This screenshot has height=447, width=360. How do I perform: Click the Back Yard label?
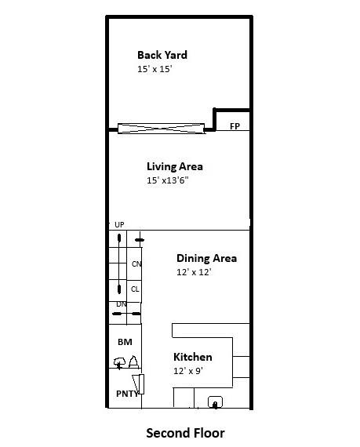(x=162, y=55)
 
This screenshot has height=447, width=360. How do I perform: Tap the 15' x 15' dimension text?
(x=154, y=69)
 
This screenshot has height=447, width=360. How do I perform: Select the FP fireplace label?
(x=235, y=126)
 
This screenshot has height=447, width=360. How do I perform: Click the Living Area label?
(x=175, y=166)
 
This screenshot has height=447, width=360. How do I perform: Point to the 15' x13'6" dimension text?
(x=168, y=180)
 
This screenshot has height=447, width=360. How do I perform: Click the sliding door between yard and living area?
(x=161, y=128)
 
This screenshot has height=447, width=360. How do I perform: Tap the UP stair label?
(x=119, y=225)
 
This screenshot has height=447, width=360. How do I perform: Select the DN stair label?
(x=122, y=304)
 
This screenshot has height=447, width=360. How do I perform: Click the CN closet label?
(x=136, y=264)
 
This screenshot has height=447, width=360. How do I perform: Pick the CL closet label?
(x=135, y=289)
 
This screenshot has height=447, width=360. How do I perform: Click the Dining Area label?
(x=206, y=258)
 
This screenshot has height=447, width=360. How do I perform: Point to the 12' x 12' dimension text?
(x=194, y=272)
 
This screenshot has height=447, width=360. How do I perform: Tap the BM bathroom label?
(x=125, y=342)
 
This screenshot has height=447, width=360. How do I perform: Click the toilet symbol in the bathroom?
(x=120, y=362)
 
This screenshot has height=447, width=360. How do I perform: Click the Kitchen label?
(x=192, y=358)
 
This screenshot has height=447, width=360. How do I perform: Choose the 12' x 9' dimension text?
(x=188, y=371)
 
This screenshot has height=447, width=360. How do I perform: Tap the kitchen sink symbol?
(x=214, y=402)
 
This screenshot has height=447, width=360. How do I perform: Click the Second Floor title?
(x=185, y=432)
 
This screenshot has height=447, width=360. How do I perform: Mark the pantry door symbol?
(x=140, y=384)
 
